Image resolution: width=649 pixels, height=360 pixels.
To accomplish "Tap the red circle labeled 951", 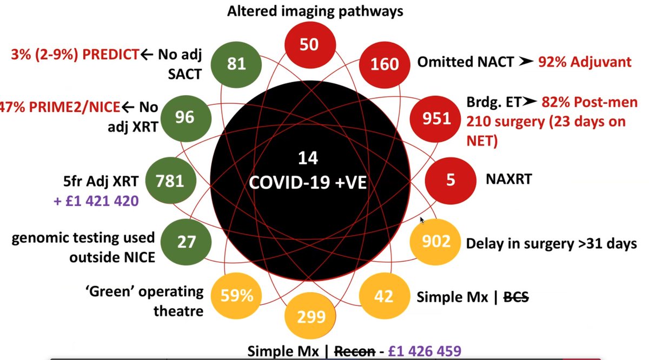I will tap(436, 117).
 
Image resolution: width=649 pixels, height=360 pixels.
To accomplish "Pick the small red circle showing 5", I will tap(451, 179).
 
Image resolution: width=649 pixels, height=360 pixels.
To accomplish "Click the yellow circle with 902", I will tap(436, 241).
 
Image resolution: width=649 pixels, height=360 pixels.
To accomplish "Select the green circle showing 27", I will tap(186, 241).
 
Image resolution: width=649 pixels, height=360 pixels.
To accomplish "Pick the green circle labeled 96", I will tap(184, 117).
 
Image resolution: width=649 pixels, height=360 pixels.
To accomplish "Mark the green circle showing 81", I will tap(236, 64).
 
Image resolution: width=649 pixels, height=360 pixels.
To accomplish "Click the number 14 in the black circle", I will tap(308, 158).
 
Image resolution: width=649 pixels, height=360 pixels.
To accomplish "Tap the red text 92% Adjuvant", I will tap(584, 62).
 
